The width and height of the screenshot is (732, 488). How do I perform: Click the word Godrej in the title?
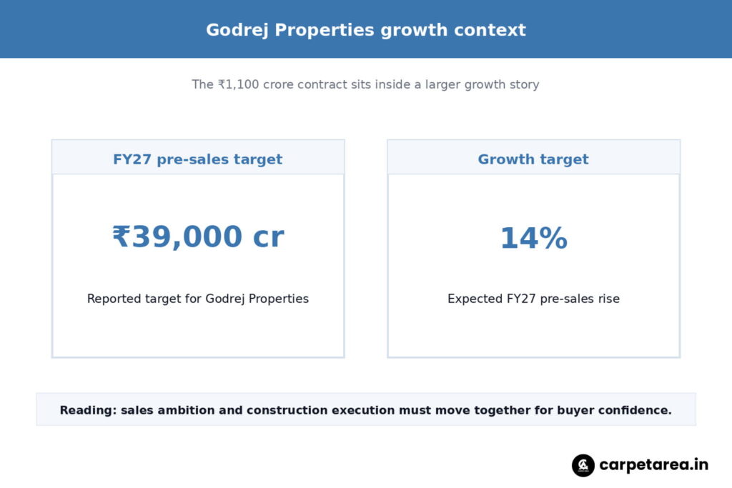point(237,30)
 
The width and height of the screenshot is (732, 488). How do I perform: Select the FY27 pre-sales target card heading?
point(197,159)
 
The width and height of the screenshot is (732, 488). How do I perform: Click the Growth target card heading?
point(533,159)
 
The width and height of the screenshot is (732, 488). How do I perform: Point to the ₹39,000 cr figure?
point(198,236)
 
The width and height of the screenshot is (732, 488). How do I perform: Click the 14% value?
point(533,238)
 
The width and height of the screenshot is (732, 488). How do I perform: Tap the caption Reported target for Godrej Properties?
point(198,299)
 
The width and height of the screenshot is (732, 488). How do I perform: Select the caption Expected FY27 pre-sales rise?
point(533,299)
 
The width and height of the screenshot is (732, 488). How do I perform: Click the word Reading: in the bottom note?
point(88,410)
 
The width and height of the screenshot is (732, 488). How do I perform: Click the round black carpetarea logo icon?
point(583,465)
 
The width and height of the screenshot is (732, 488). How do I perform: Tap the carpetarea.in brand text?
point(653,465)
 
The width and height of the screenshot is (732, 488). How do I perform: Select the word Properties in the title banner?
point(325,30)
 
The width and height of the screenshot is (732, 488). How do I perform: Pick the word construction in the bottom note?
point(287,410)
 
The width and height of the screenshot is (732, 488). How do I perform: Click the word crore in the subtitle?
point(278,84)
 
